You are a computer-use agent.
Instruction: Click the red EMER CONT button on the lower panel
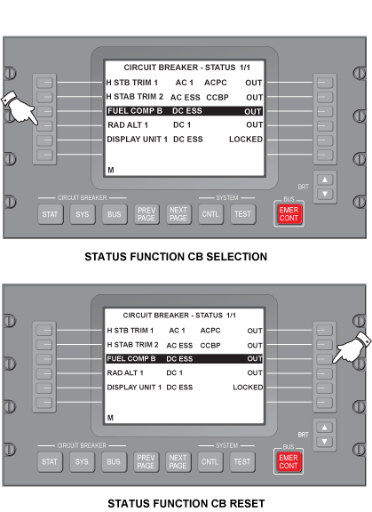289,461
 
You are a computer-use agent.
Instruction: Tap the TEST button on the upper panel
242,214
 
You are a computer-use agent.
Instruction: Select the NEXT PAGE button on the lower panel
178,461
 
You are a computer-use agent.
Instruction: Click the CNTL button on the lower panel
210,461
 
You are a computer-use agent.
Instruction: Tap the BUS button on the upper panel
115,214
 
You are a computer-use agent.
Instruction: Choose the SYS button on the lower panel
82,461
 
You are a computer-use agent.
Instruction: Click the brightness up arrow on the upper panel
325,180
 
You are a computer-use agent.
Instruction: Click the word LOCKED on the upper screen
246,140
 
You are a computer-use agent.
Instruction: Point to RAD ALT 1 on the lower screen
125,373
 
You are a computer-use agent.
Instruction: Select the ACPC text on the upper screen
216,83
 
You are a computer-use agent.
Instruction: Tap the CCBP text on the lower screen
210,346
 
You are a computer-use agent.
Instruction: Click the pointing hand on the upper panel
20,108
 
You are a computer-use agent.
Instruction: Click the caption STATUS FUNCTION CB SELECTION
176,257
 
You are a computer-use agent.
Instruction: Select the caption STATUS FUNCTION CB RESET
186,503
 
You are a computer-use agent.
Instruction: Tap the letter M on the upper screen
111,170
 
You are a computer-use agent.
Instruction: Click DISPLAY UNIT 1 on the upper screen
138,140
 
